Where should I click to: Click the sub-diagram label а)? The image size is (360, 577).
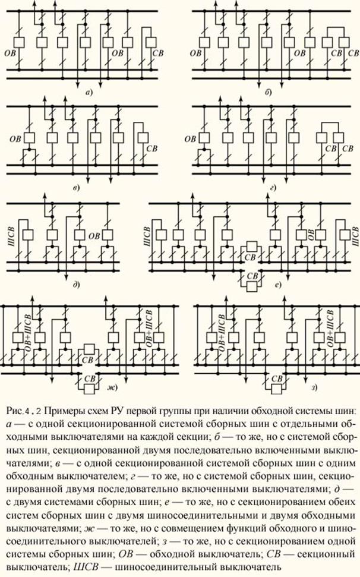[89, 93]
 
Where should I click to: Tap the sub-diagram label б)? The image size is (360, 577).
[268, 92]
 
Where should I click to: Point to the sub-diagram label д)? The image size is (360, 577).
[77, 285]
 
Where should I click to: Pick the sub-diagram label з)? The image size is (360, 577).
[314, 387]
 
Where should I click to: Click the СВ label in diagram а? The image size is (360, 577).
[158, 53]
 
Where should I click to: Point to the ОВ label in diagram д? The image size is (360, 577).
[94, 236]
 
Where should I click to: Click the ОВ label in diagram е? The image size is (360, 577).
[311, 234]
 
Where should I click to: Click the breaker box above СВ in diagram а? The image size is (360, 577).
[151, 42]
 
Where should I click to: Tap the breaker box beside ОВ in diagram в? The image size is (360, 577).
[29, 138]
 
